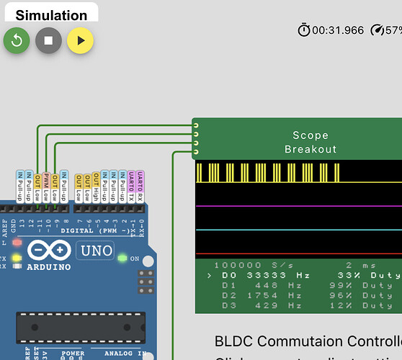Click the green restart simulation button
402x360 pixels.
(x=17, y=40)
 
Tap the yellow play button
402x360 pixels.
(x=80, y=40)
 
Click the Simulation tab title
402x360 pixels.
(x=51, y=15)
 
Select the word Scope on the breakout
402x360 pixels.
(x=311, y=135)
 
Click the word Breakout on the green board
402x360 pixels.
(x=311, y=149)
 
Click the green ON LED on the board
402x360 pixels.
(x=122, y=258)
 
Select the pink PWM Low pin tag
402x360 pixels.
(x=46, y=186)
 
